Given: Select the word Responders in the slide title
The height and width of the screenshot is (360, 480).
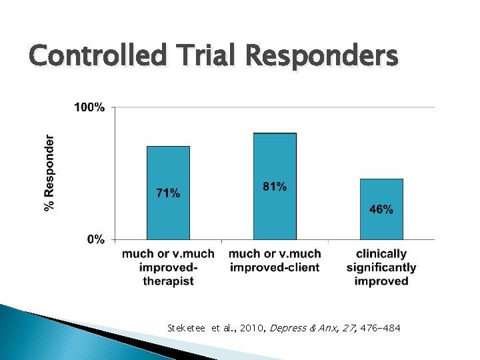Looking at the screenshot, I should tap(322, 55).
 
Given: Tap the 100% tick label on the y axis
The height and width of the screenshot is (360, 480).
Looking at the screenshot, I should tap(89, 107).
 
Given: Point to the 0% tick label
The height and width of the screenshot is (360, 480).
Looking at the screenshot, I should tap(95, 239).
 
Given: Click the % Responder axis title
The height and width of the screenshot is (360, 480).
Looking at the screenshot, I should tap(49, 173).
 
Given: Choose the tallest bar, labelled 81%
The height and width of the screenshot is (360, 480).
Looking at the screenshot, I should tap(275, 153).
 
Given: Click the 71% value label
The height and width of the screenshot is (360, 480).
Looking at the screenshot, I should tap(168, 193).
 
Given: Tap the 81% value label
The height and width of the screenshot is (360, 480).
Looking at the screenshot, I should tap(275, 187).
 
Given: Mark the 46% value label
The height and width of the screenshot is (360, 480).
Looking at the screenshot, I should tap(381, 209).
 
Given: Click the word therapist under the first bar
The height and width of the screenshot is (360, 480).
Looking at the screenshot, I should tap(168, 281).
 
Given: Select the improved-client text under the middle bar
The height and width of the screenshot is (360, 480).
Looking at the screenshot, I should tap(275, 267).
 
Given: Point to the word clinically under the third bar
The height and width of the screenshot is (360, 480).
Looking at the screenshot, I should tap(381, 254).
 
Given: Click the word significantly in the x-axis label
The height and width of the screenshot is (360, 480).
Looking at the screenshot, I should tap(381, 267).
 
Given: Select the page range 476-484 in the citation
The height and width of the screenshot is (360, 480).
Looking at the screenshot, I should tap(380, 328).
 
